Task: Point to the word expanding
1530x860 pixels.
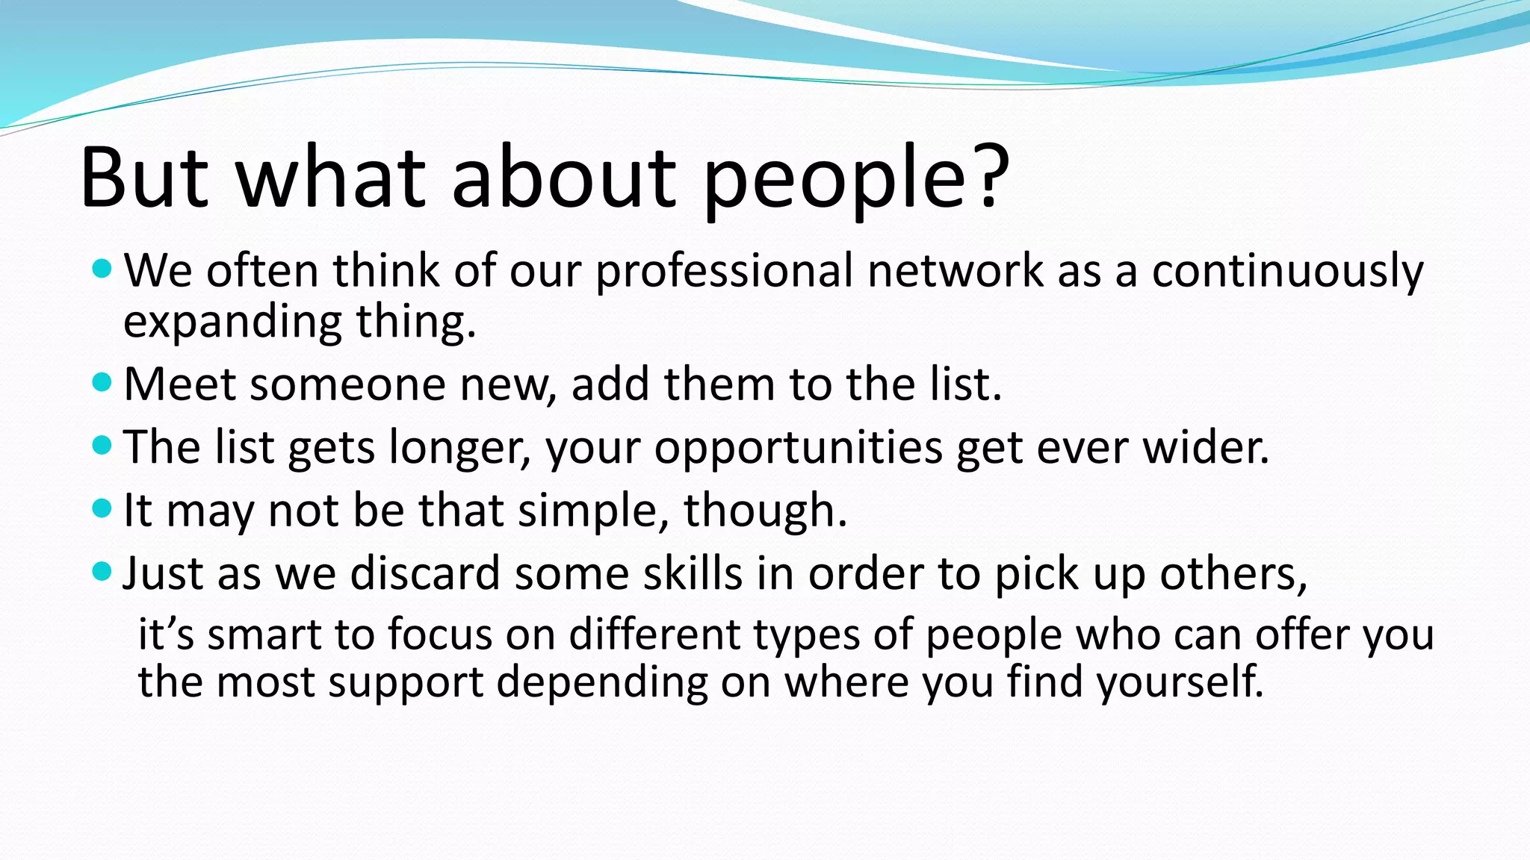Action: [232, 322]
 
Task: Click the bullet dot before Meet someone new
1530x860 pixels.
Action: [102, 383]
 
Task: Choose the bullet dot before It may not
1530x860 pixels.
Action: [102, 509]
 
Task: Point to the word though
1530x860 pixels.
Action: [765, 511]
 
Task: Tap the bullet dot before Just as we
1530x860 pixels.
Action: [102, 573]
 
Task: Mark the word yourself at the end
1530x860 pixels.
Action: [1179, 682]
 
